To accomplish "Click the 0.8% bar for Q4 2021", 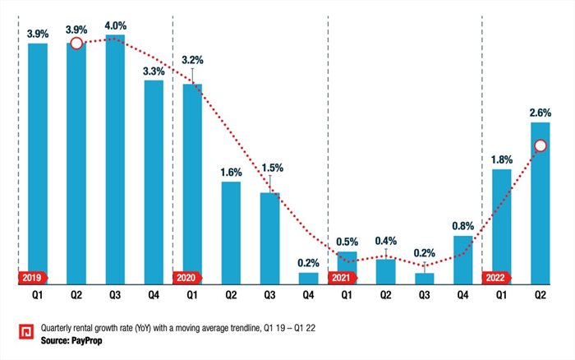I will (462, 260).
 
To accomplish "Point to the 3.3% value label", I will (154, 72).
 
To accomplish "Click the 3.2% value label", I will (192, 60).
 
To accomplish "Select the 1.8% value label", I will (501, 160).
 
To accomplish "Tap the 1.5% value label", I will (269, 168).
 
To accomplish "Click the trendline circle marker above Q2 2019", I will (76, 43).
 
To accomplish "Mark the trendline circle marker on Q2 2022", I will (540, 146).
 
